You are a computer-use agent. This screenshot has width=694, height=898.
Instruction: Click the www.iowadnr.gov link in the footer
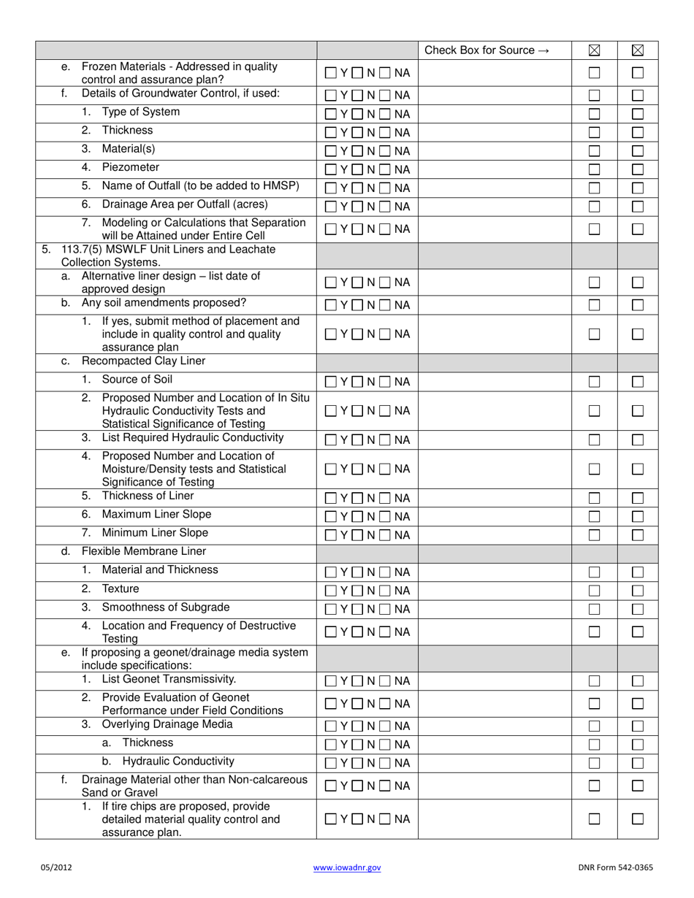tap(347, 868)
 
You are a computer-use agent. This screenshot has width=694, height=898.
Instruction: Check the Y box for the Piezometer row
tap(331, 169)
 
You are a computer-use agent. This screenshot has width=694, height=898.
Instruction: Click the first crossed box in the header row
tap(594, 50)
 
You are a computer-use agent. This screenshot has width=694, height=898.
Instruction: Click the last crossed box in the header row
tap(638, 50)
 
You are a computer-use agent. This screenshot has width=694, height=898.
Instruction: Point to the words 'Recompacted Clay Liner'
tap(143, 361)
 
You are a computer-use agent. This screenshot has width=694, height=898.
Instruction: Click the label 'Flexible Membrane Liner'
tap(144, 551)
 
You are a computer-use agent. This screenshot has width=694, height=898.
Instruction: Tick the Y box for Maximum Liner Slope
tap(331, 517)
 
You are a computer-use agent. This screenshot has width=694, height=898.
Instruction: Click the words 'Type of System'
tap(140, 112)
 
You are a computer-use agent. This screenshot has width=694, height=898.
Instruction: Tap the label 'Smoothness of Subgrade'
tap(165, 607)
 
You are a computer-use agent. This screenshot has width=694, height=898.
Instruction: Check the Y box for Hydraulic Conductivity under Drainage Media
tap(331, 764)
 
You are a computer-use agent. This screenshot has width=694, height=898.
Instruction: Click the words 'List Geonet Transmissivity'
tap(169, 680)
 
